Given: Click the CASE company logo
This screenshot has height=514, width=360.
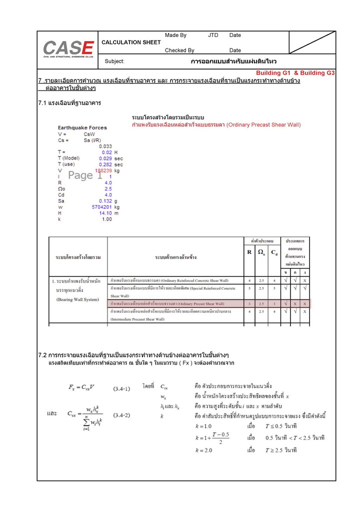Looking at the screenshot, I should tap(68, 49).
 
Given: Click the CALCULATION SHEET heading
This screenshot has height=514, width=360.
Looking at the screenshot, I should tap(131, 42).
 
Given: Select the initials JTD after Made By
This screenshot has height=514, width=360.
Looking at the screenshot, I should tap(213, 35).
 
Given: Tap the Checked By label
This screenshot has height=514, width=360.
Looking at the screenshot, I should tap(179, 50).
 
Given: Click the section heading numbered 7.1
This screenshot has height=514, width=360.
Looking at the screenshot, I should tap(69, 103).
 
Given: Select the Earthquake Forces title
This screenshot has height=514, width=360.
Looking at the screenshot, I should tap(82, 128).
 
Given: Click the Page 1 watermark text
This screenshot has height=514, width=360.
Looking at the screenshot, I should tap(85, 175).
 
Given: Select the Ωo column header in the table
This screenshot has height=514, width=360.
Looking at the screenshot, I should tap(261, 252).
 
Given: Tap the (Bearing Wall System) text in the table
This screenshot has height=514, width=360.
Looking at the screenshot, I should tap(77, 299).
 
